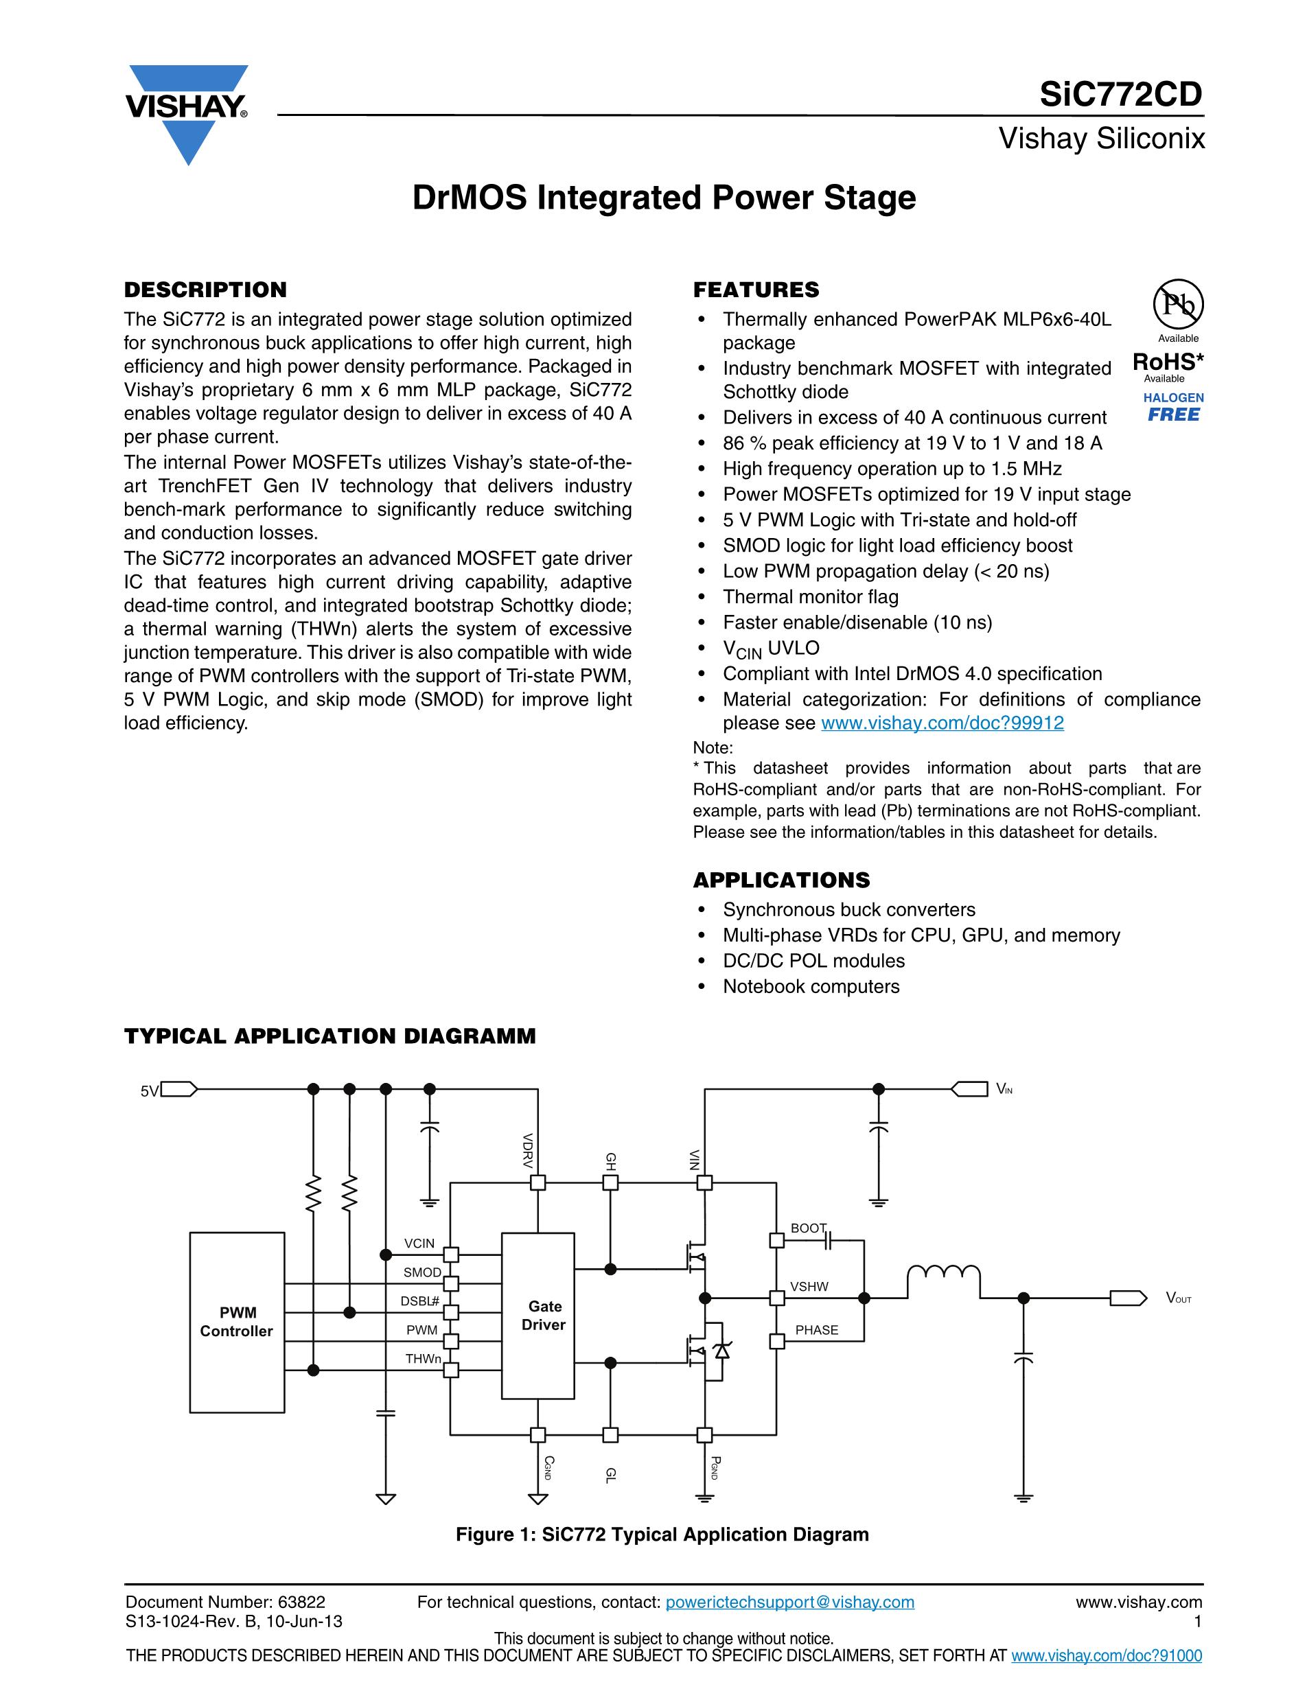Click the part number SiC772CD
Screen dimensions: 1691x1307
point(1120,95)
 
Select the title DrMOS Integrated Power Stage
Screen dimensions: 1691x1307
point(664,198)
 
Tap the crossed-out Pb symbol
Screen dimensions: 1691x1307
point(1179,304)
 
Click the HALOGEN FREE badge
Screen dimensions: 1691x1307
point(1174,407)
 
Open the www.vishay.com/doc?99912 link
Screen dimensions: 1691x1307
point(942,723)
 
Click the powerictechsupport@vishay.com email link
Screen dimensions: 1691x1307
point(790,1602)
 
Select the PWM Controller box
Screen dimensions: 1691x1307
point(237,1322)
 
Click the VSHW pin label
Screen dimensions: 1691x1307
point(809,1287)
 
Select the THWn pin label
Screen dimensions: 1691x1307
point(423,1359)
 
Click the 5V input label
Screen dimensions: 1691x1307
point(150,1092)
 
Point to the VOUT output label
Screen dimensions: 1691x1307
point(1179,1298)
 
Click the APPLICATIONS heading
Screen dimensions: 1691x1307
point(781,881)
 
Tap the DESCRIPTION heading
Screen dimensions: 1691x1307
point(205,290)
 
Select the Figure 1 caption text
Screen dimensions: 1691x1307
point(662,1535)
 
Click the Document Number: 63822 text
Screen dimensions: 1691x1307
point(225,1602)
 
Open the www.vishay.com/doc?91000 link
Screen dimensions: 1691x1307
point(1107,1656)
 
